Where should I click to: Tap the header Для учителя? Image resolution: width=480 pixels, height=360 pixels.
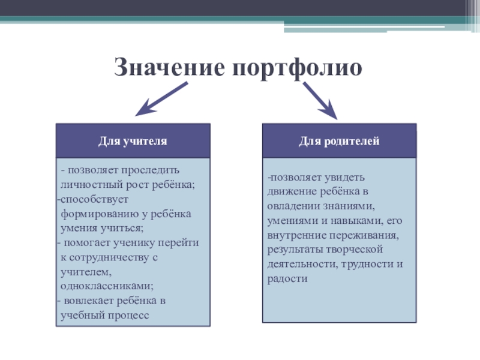click(x=133, y=141)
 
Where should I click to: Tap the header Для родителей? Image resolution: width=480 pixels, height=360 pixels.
click(x=339, y=141)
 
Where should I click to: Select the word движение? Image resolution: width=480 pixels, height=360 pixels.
click(x=289, y=193)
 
